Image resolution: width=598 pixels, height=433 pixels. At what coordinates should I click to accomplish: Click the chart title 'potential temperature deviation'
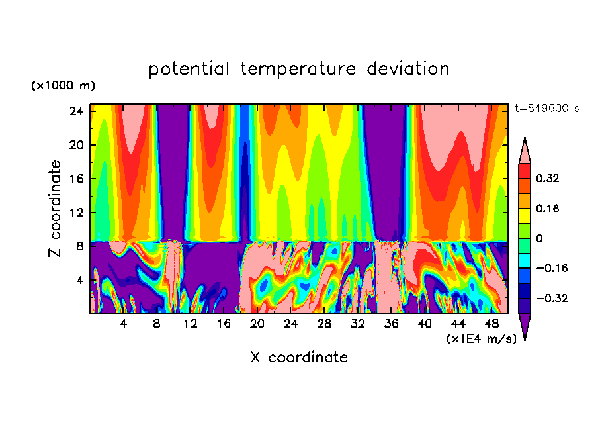click(298, 69)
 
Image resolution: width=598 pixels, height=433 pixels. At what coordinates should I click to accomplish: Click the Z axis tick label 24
click(75, 111)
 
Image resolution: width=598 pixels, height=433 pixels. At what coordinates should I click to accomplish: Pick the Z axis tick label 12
click(75, 213)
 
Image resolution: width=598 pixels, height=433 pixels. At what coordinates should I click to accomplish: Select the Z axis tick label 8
click(79, 246)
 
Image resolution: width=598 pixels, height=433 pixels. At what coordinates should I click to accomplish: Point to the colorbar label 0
click(539, 238)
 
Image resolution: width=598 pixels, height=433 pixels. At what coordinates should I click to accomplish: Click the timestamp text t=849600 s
click(546, 108)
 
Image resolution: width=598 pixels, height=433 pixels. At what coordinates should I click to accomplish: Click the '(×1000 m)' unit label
click(63, 86)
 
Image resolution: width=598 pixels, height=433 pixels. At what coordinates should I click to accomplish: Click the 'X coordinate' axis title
click(298, 358)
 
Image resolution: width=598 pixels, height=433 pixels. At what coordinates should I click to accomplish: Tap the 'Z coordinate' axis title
click(55, 209)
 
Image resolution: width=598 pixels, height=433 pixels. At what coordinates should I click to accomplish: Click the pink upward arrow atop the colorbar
click(525, 150)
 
